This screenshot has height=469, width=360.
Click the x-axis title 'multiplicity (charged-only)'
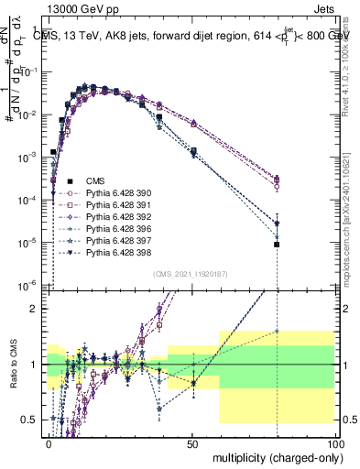pos(273,456)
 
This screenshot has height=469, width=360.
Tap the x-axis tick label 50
pos(191,442)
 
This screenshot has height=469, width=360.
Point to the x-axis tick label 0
pos(49,442)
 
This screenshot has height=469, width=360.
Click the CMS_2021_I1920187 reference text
pos(190,274)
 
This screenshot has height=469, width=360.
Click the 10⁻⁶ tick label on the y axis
pos(30,285)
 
